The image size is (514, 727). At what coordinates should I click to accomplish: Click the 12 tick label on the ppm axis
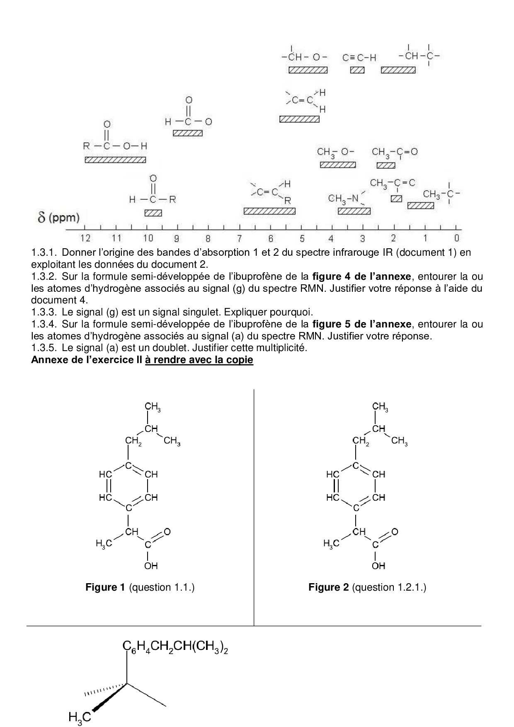[x=85, y=238]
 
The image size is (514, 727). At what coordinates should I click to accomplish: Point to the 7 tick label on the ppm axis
[x=239, y=238]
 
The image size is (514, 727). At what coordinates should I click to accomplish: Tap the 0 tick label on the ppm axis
[x=456, y=238]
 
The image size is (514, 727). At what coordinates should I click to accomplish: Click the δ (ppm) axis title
[x=58, y=217]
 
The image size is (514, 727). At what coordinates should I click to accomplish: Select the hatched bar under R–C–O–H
[x=115, y=160]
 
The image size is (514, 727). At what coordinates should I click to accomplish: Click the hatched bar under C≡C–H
[x=357, y=70]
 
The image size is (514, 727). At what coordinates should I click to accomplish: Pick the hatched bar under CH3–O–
[x=337, y=165]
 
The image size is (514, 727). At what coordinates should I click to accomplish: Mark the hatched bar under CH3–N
[x=354, y=211]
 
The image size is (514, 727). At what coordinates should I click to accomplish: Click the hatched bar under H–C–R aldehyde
[x=153, y=213]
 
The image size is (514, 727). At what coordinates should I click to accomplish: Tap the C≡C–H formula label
[x=359, y=58]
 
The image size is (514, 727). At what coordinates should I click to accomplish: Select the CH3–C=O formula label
[x=394, y=153]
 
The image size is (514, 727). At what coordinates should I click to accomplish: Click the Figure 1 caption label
[x=105, y=587]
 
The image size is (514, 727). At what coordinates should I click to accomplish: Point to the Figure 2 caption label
[x=328, y=587]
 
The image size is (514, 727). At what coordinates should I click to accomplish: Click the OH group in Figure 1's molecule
[x=151, y=565]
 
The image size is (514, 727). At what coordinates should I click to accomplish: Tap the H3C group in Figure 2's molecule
[x=331, y=543]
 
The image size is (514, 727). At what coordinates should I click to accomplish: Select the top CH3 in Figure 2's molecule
[x=380, y=407]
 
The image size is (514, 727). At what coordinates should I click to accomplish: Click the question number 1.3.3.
[x=45, y=312]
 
